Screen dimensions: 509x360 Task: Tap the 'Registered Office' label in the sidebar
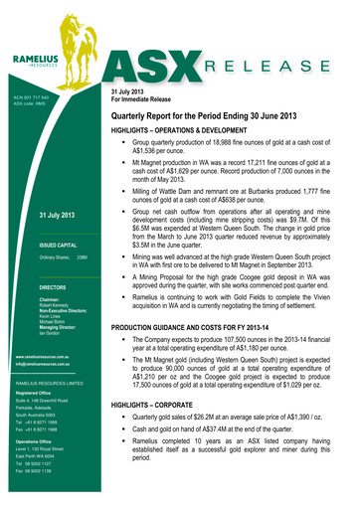coord(34,393)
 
